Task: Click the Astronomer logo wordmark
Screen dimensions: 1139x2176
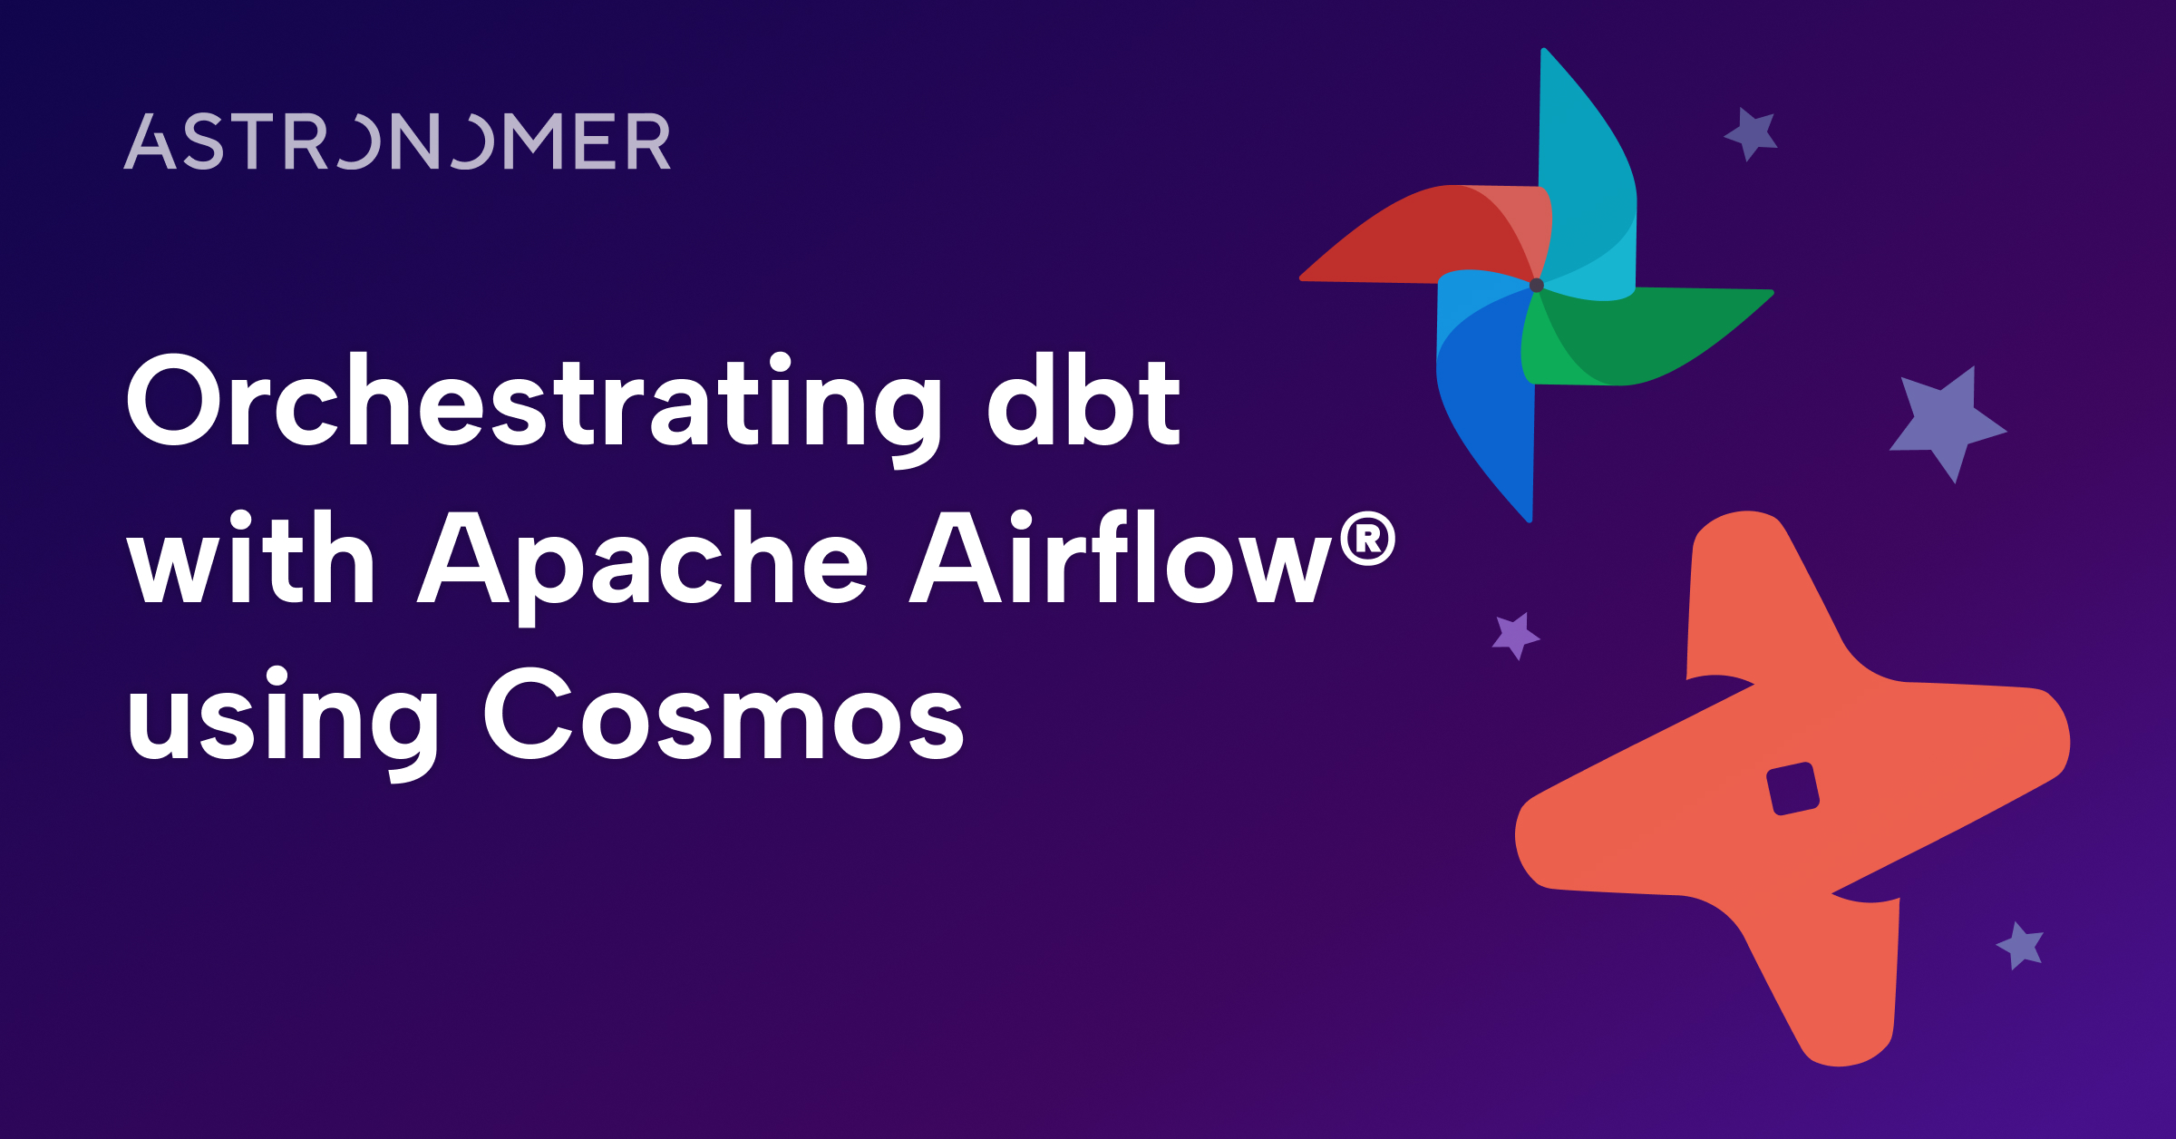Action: click(397, 142)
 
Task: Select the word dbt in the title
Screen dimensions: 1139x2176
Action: click(1083, 402)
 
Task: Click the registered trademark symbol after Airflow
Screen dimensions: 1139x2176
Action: click(1367, 540)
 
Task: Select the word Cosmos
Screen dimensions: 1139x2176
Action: click(723, 714)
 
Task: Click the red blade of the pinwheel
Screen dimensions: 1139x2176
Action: click(1414, 236)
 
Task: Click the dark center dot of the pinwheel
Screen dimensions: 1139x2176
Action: click(1536, 286)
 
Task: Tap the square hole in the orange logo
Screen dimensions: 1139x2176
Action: click(1792, 789)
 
